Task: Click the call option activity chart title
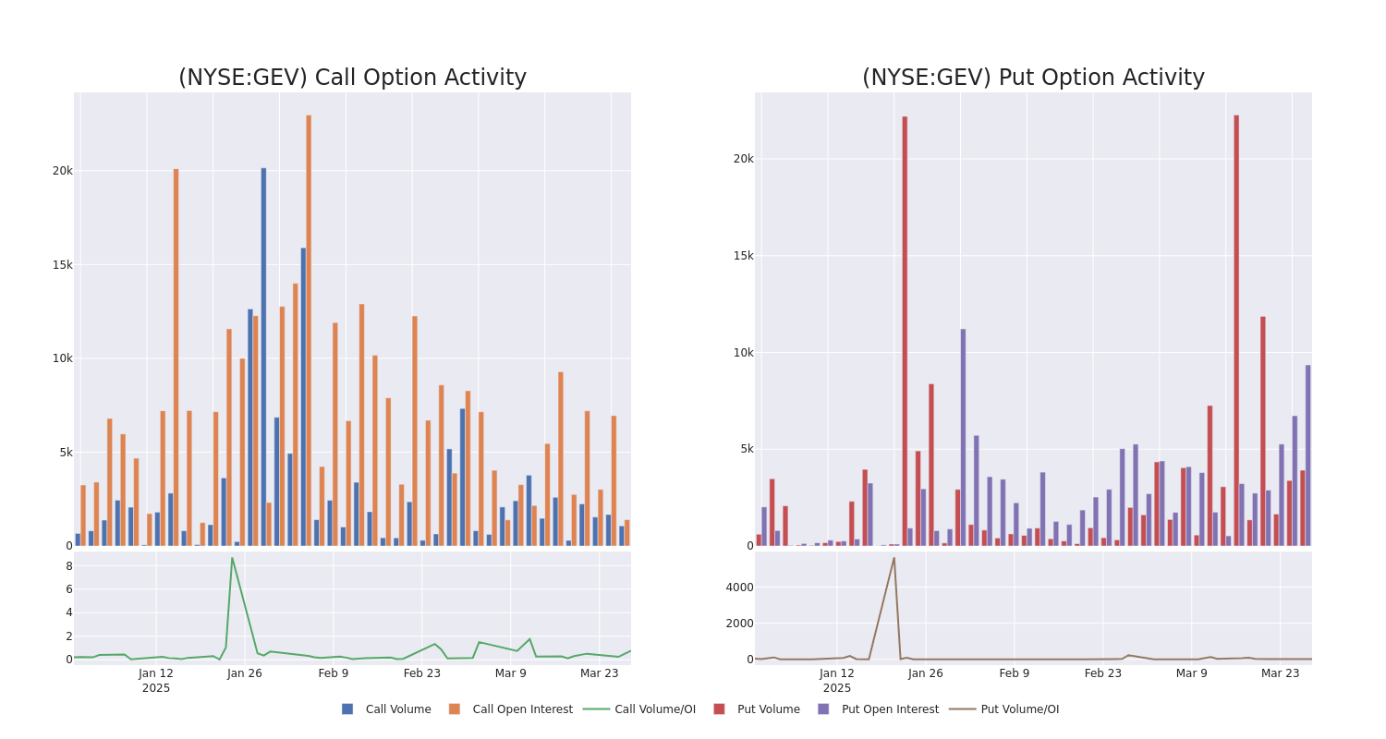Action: [352, 78]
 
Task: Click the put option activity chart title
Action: [1033, 78]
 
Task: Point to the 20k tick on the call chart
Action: [62, 171]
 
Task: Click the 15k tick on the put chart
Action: [743, 256]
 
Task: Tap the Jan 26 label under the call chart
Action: [245, 673]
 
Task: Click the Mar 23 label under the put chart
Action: [1280, 673]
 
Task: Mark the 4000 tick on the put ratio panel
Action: [739, 588]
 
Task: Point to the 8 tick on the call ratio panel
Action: [68, 566]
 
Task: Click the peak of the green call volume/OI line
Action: [232, 558]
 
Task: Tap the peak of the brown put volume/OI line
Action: [894, 558]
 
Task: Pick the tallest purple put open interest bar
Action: [963, 434]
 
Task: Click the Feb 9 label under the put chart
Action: [1014, 673]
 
